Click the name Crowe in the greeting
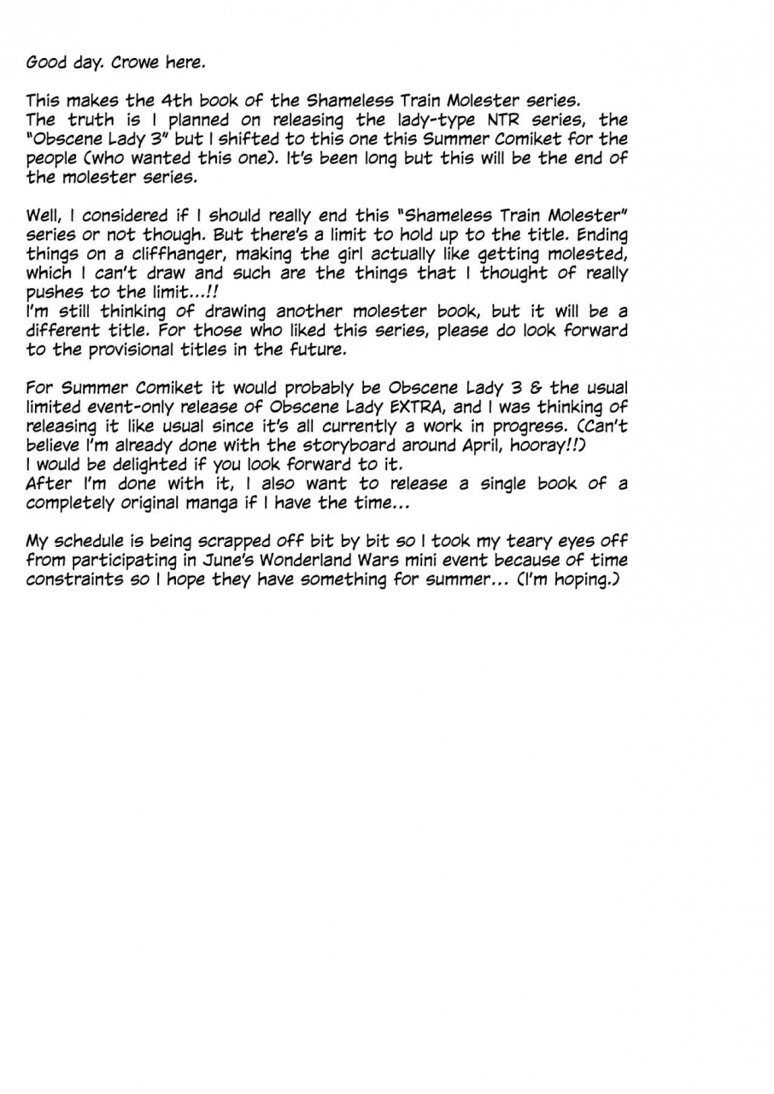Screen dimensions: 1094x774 132,62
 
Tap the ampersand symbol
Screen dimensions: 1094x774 536,388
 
